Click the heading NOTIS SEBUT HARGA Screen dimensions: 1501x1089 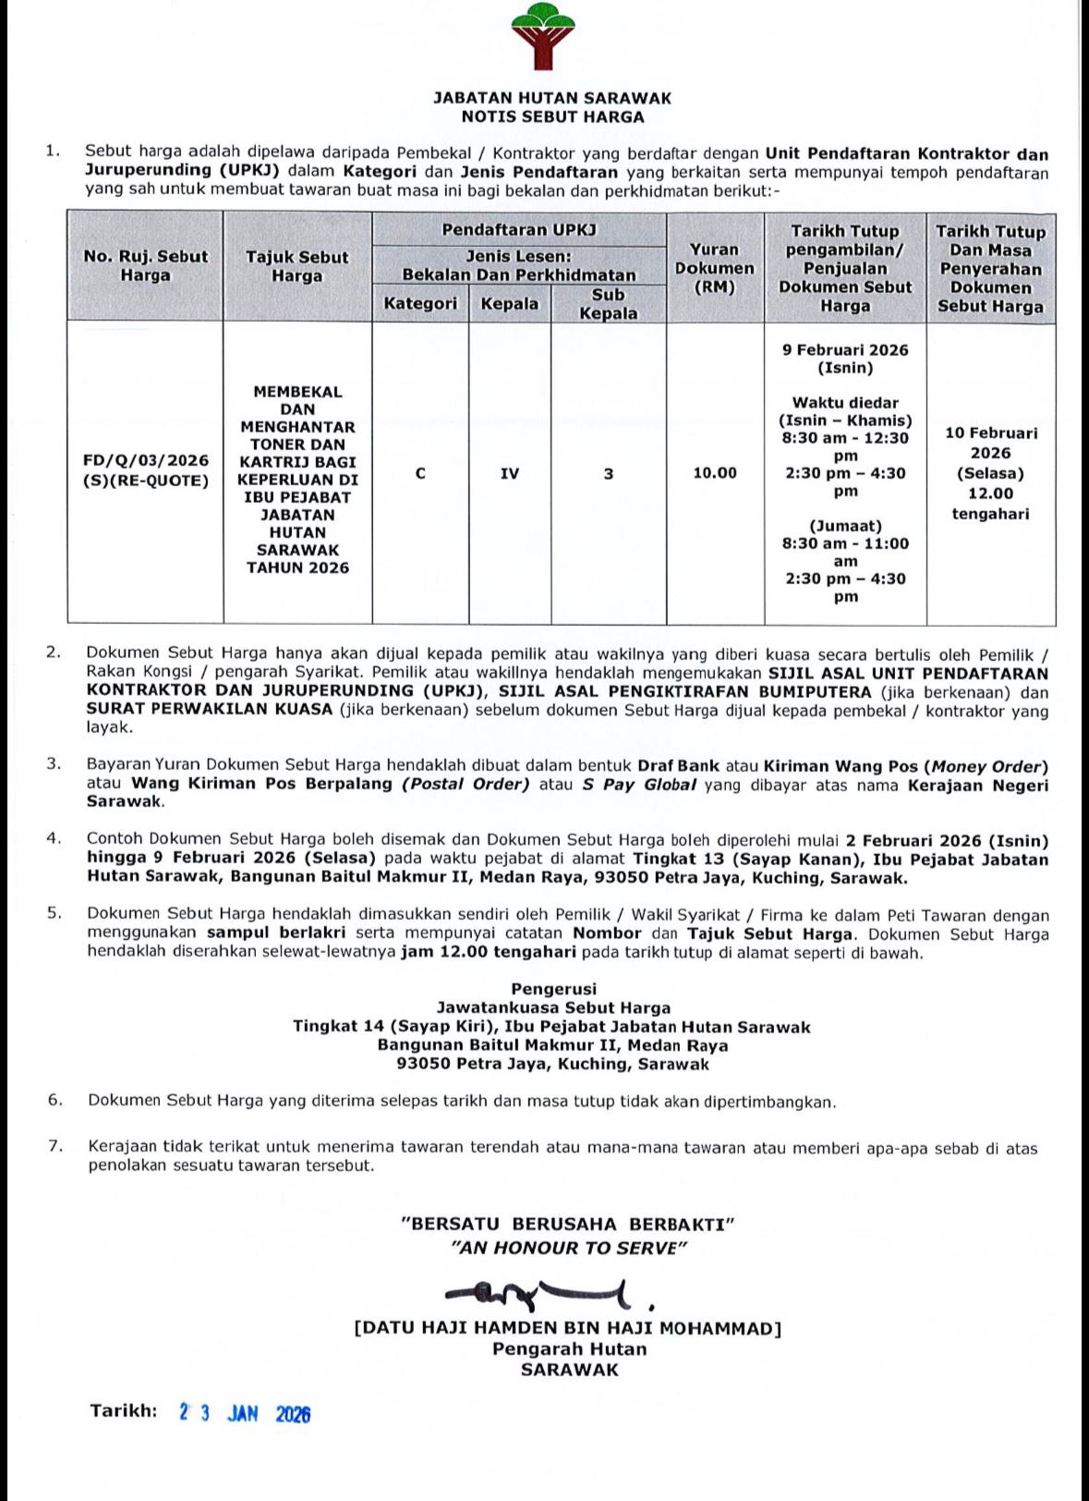[x=552, y=117]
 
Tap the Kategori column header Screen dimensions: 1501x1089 [x=420, y=303]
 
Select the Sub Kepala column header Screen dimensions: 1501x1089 [x=608, y=304]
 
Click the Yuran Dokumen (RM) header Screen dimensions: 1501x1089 [x=714, y=268]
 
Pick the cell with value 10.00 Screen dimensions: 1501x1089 [x=715, y=473]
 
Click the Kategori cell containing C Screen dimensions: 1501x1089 [x=420, y=473]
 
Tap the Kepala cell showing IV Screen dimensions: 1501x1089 [x=509, y=473]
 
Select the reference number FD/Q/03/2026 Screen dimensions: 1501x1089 [x=146, y=460]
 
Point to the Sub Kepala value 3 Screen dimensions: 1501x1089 [x=609, y=473]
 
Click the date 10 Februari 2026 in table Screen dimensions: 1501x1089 [x=991, y=443]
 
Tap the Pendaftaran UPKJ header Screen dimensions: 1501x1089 [x=519, y=230]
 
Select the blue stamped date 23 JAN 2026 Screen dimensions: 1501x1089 [x=245, y=1413]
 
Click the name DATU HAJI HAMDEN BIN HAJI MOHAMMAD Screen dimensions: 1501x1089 [x=568, y=1329]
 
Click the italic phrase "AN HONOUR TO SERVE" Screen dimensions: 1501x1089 [x=568, y=1248]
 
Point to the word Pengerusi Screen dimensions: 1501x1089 [x=553, y=989]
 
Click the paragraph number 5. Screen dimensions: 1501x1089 [x=54, y=914]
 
